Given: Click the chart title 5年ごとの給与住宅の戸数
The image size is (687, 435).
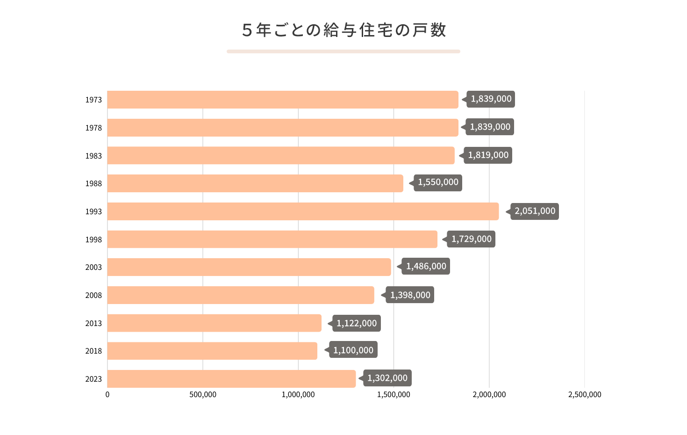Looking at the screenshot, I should point(343,30).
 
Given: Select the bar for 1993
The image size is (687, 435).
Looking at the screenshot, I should point(303,211).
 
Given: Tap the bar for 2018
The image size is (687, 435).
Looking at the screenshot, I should point(212,351).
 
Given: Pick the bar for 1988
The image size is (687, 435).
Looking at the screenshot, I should point(255,183).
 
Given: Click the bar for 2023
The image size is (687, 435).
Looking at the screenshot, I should point(231,379).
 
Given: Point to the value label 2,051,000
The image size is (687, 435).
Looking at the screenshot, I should point(535,211).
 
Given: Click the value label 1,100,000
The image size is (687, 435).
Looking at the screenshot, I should point(353,350).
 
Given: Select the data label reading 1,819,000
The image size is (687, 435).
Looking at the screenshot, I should point(488,155).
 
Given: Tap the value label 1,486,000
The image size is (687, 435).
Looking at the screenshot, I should point(426,266).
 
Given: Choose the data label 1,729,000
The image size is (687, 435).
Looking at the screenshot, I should point(471,239).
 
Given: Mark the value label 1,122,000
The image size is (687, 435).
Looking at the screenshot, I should point(357,323).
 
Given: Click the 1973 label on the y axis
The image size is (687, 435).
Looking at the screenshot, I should point(93,100).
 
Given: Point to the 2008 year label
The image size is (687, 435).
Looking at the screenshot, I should point(93,295).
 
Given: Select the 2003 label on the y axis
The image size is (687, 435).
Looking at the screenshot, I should point(93,267).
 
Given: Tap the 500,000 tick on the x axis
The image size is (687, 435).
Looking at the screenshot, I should point(203,394).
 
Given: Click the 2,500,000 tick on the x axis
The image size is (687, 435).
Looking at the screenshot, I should point(585,394).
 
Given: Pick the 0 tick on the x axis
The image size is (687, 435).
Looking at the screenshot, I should point(107,394).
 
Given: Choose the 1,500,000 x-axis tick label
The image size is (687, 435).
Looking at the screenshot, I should point(394,394).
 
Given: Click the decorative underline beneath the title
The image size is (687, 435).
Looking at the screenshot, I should point(343,51).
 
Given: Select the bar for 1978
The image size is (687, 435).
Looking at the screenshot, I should point(283,128).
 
